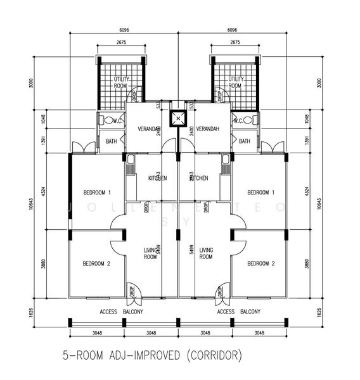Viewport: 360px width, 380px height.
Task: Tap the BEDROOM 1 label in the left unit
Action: (x=97, y=192)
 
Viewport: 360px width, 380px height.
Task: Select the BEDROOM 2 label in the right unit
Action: (x=260, y=263)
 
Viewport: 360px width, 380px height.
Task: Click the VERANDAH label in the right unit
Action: (x=207, y=129)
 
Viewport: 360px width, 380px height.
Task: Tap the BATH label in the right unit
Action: (x=245, y=141)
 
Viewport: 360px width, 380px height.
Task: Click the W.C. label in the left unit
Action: (x=117, y=121)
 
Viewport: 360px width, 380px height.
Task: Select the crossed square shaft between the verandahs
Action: (x=179, y=118)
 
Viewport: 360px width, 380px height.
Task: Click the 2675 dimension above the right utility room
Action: (x=235, y=43)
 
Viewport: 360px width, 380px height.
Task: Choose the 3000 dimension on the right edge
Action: (x=319, y=82)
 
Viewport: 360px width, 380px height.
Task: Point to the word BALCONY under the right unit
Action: (x=250, y=312)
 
